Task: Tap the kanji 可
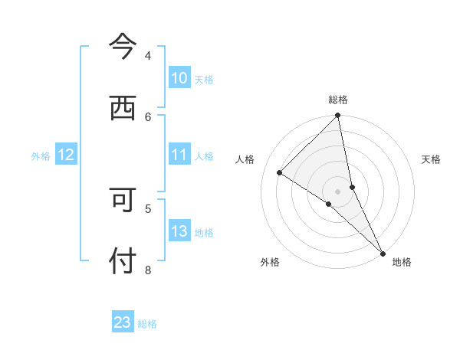click(x=123, y=201)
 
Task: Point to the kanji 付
click(x=123, y=261)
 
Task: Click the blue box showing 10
click(x=179, y=78)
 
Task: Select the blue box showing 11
click(x=179, y=155)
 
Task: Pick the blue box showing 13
click(x=179, y=231)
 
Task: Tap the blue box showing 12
click(x=66, y=155)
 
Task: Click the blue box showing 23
click(x=123, y=322)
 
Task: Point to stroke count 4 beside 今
click(x=148, y=55)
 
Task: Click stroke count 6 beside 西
click(x=148, y=116)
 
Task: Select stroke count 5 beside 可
click(x=148, y=208)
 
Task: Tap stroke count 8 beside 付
click(x=148, y=269)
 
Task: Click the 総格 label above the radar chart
click(x=338, y=100)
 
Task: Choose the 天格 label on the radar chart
click(x=431, y=159)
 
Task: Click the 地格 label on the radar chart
click(x=402, y=262)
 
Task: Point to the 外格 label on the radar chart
click(x=270, y=262)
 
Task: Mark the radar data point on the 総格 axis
click(x=338, y=116)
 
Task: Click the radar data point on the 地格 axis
click(x=383, y=253)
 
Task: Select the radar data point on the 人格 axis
click(x=280, y=172)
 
